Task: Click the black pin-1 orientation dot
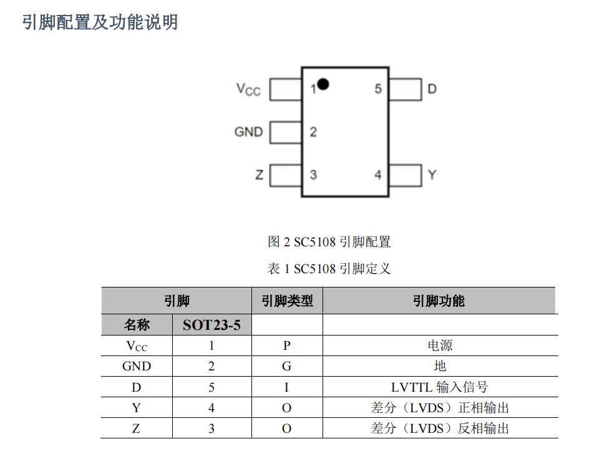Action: tap(323, 83)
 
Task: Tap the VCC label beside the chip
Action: tap(248, 89)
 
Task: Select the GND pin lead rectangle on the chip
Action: tap(286, 132)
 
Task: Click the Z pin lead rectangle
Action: tap(286, 175)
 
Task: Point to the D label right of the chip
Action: tap(432, 89)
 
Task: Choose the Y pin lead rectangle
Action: tap(405, 175)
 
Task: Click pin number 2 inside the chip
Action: tap(313, 132)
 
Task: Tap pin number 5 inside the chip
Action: tap(378, 89)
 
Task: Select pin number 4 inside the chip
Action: tap(378, 175)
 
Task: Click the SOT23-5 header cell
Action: tap(211, 325)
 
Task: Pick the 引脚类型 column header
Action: tap(287, 301)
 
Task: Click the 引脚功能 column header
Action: tap(439, 301)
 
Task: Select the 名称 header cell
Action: tap(137, 325)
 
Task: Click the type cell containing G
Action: tap(287, 367)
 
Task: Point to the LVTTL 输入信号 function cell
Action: tap(439, 387)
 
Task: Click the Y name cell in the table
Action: tap(137, 408)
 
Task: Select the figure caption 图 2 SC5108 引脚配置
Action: tap(329, 242)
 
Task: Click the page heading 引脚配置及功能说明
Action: tap(100, 22)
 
